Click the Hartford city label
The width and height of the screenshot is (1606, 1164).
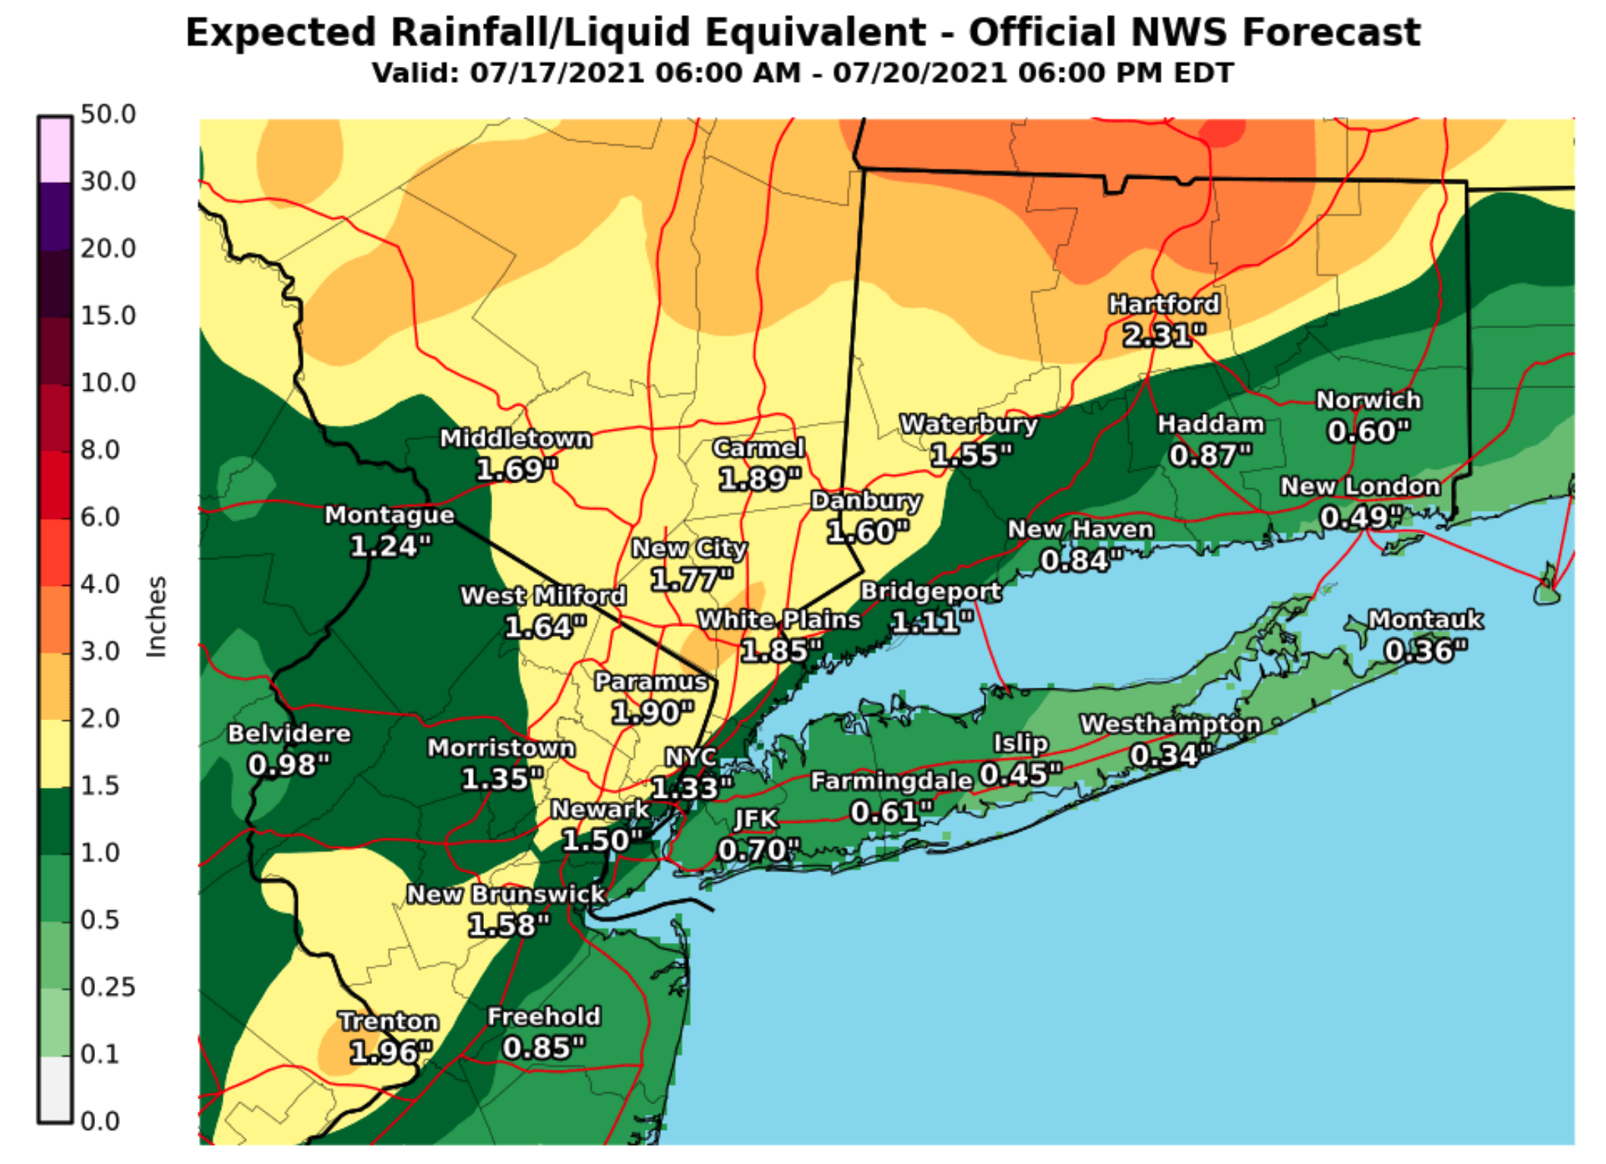point(1164,304)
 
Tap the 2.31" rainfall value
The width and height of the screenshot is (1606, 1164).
point(1164,335)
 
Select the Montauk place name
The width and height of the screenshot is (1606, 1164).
point(1425,619)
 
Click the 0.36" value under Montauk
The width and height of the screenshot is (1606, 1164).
point(1425,651)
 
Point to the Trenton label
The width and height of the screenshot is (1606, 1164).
point(388,1020)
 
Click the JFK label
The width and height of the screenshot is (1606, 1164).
point(756,818)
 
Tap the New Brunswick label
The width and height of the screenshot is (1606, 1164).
point(506,894)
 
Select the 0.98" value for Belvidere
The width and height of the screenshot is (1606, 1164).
point(289,764)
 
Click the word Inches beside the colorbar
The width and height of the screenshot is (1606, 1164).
point(156,617)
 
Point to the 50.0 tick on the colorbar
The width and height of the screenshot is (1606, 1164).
point(108,115)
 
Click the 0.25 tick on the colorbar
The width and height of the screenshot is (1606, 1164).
point(108,987)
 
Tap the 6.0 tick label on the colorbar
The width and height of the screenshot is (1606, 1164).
point(100,517)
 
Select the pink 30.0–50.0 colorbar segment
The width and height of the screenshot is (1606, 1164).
point(55,150)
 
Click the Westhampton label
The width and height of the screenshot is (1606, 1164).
point(1171,723)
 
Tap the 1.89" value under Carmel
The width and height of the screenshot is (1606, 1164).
point(759,479)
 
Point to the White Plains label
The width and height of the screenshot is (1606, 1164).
point(779,619)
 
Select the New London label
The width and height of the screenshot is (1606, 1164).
point(1360,486)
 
